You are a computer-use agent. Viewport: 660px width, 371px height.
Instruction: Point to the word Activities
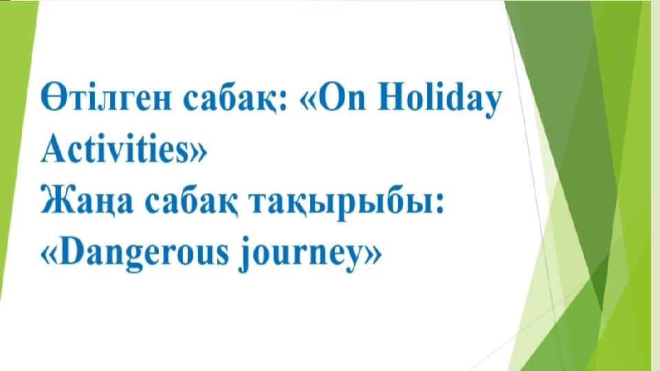click(115, 148)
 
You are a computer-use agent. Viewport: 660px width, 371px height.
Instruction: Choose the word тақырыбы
click(342, 203)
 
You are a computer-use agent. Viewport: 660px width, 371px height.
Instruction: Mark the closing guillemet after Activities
click(198, 153)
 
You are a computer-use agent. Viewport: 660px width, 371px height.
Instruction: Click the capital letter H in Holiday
click(393, 99)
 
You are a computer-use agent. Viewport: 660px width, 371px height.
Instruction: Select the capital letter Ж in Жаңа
click(57, 201)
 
